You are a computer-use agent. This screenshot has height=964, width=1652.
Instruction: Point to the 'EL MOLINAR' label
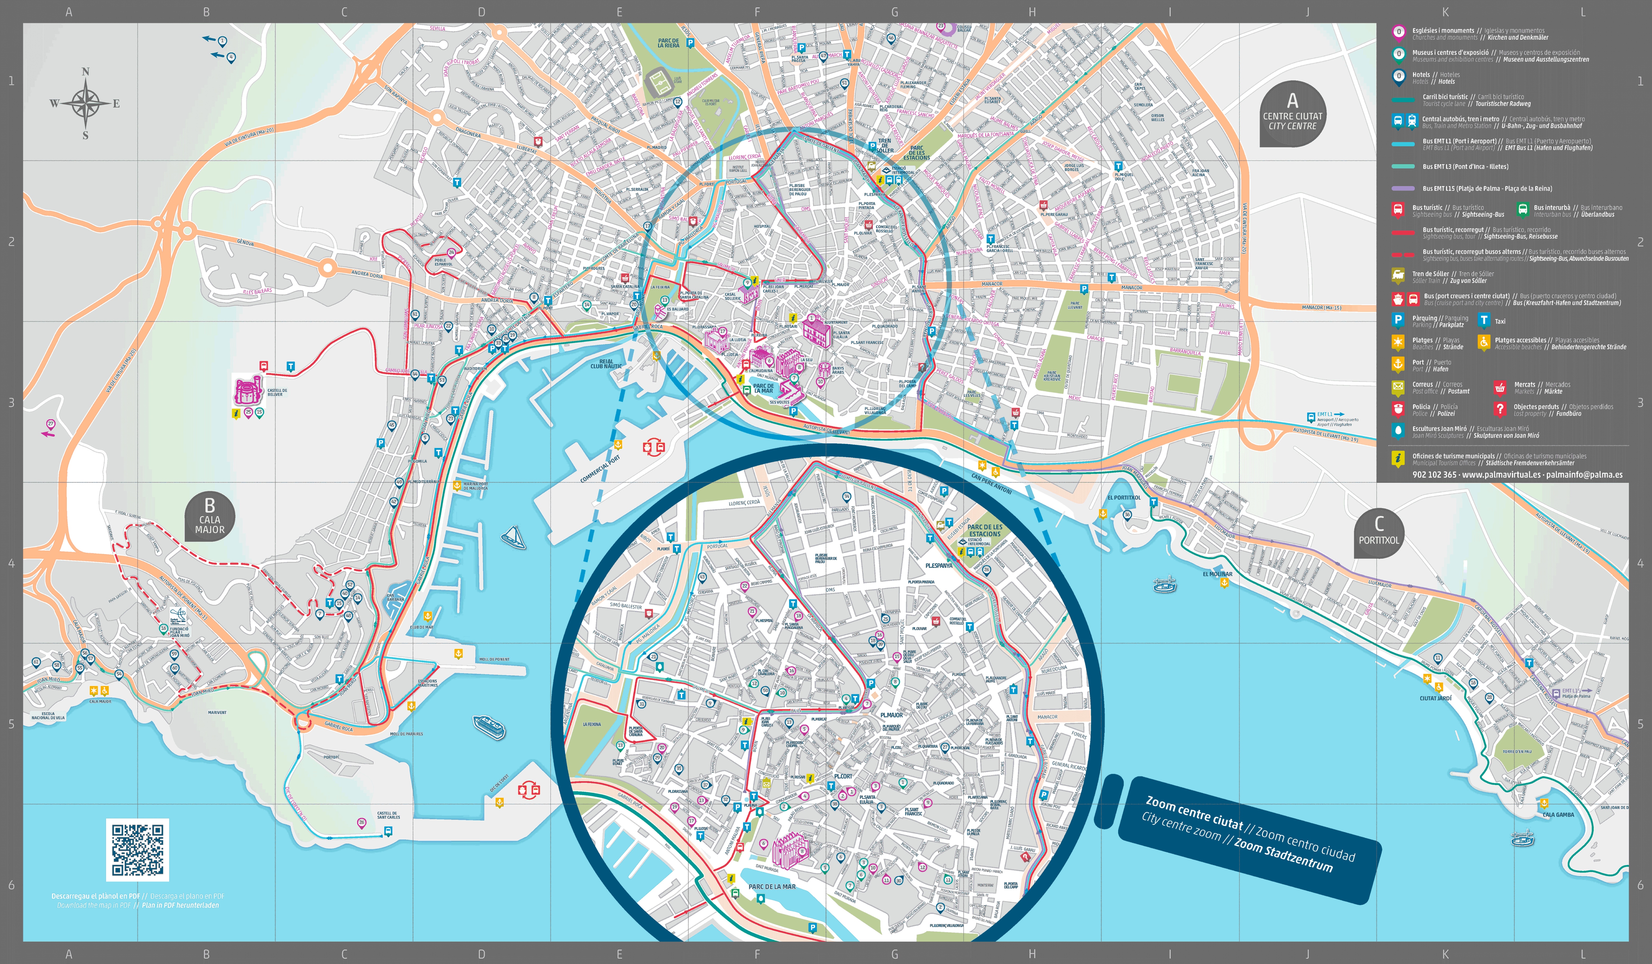click(1217, 574)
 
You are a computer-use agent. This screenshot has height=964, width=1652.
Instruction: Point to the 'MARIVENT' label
click(217, 712)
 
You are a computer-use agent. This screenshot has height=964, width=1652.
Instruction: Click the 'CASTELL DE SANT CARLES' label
click(388, 815)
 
